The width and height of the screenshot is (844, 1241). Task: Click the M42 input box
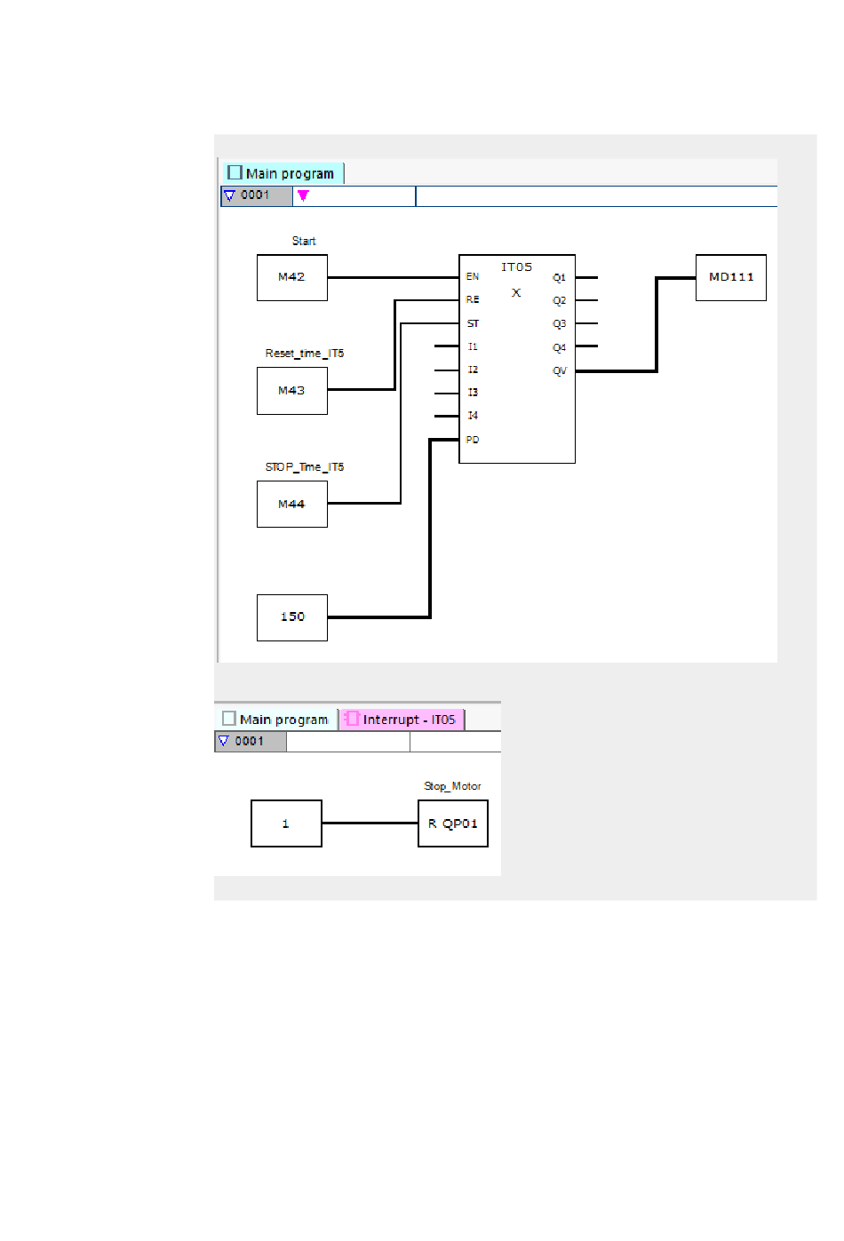(292, 277)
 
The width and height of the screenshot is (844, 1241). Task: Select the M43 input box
(292, 391)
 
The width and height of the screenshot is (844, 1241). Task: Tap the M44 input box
(292, 505)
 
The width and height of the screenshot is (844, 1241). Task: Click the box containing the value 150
(292, 617)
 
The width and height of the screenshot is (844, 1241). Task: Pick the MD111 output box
(731, 277)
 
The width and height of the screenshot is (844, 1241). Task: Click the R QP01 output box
(453, 823)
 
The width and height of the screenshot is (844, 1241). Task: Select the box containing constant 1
(286, 823)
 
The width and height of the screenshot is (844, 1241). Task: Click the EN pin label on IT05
(472, 276)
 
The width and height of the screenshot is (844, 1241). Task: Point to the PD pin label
(472, 440)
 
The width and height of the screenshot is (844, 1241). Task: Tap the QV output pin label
(559, 370)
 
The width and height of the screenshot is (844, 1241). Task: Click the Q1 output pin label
(559, 277)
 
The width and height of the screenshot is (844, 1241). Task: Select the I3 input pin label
(473, 393)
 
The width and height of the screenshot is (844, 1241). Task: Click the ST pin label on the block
(473, 323)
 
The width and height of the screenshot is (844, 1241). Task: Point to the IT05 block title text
(516, 267)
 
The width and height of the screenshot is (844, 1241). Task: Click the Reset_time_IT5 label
(304, 354)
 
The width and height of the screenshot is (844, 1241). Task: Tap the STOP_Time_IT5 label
(304, 467)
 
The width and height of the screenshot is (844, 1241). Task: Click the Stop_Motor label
(452, 786)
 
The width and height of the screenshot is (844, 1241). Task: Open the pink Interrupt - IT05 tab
(402, 720)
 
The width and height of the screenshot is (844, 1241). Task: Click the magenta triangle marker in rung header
(303, 195)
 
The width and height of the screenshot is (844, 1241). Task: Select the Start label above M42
(304, 241)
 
